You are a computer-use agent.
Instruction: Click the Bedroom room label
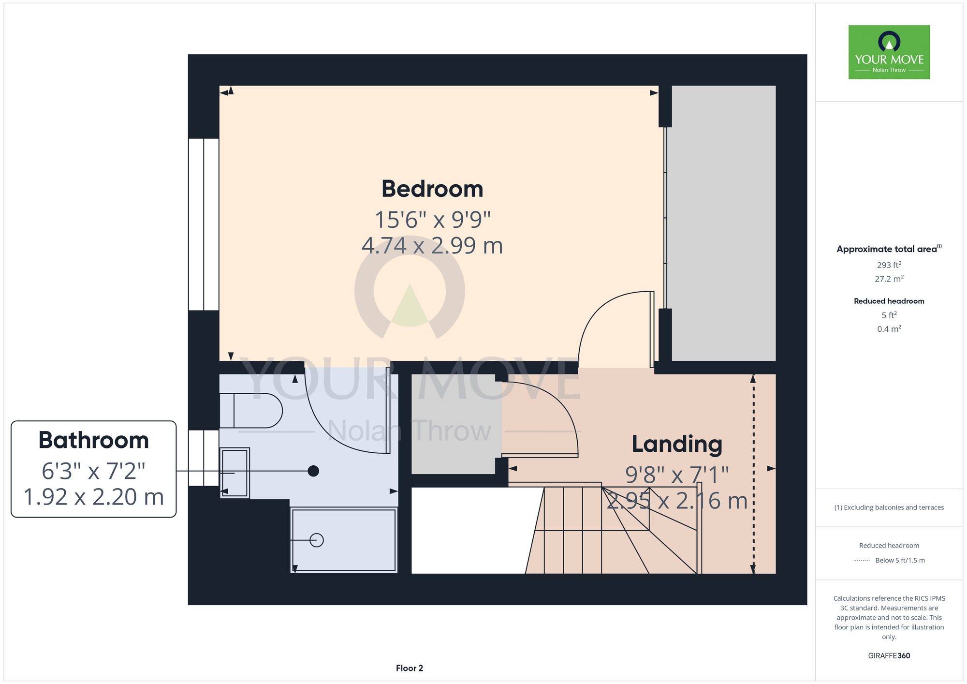pos(432,189)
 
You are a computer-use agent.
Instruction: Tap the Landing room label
pos(677,445)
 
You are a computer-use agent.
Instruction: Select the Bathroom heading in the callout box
pos(94,440)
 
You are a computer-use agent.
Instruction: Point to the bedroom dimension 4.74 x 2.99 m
pos(432,246)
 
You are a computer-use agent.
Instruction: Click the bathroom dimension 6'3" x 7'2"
pos(94,471)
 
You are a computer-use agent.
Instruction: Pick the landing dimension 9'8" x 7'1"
pos(677,475)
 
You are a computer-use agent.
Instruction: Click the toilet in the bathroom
pos(251,411)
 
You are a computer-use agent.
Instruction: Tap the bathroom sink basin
pos(234,473)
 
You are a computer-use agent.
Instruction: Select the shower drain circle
pos(317,540)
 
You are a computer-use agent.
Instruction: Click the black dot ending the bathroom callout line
pos(313,471)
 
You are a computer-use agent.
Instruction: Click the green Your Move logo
pos(889,52)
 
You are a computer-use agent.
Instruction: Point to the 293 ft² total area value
pos(889,265)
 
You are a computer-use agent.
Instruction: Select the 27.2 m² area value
pos(889,279)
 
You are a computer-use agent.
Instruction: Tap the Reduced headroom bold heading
pos(889,301)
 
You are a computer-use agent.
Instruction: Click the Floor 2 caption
pos(410,668)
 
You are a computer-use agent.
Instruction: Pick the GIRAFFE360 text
pos(889,656)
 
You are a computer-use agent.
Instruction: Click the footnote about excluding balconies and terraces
pos(889,507)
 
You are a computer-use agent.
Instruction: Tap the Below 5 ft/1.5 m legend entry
pos(900,560)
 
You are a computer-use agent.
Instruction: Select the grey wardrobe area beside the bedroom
pos(724,223)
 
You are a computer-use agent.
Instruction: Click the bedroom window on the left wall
pos(204,224)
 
